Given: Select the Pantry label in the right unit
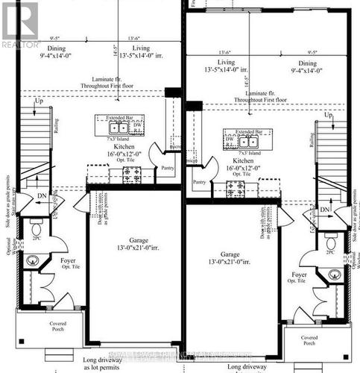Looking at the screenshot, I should coord(199,181).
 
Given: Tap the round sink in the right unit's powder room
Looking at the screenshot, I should coord(334,275).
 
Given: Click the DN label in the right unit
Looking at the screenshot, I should coord(325,211).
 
